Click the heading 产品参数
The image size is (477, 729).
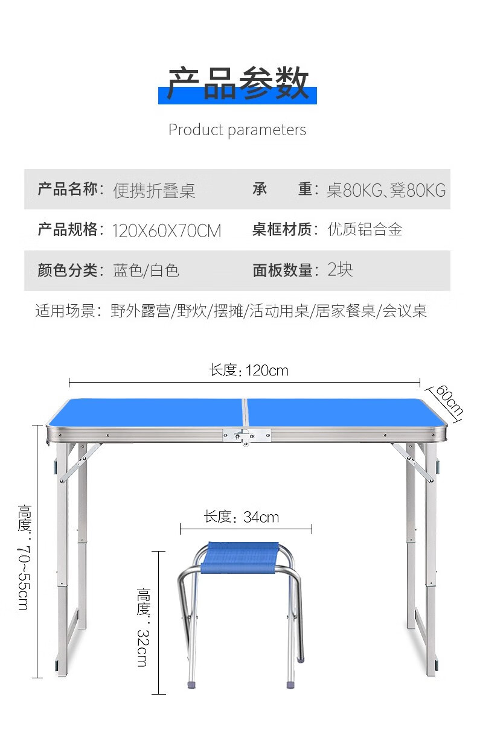[238, 83]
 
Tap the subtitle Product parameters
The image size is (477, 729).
[237, 130]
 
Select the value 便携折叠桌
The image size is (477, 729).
[154, 190]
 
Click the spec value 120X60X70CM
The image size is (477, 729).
[167, 231]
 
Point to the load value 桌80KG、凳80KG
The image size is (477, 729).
[386, 190]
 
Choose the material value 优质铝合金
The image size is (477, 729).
[365, 229]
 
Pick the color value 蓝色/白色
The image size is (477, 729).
[146, 270]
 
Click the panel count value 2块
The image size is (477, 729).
[340, 270]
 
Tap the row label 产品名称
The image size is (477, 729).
[68, 189]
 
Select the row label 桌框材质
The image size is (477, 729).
[282, 229]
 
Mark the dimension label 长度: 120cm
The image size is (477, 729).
[249, 371]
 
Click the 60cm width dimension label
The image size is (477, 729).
[450, 400]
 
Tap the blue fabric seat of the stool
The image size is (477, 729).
[240, 558]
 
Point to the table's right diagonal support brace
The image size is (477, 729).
[412, 462]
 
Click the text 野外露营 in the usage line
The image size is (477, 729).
[140, 311]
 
